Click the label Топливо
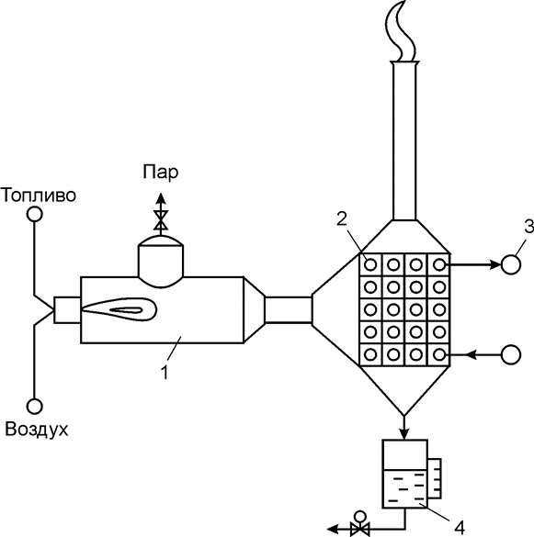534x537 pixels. pyautogui.click(x=39, y=196)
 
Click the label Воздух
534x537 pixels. pyautogui.click(x=37, y=430)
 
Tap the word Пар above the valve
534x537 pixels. pyautogui.click(x=161, y=173)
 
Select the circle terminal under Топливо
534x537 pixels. pyautogui.click(x=34, y=215)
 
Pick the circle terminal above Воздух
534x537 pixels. pyautogui.click(x=34, y=407)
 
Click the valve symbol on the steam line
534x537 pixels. pyautogui.click(x=161, y=220)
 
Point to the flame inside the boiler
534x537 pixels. pyautogui.click(x=119, y=309)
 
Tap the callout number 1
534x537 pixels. pyautogui.click(x=165, y=373)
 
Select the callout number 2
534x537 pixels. pyautogui.click(x=342, y=219)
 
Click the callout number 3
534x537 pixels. pyautogui.click(x=528, y=227)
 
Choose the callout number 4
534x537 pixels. pyautogui.click(x=459, y=528)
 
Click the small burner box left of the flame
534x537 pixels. pyautogui.click(x=67, y=310)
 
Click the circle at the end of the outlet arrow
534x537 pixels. pyautogui.click(x=511, y=264)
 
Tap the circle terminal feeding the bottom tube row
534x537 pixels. pyautogui.click(x=511, y=355)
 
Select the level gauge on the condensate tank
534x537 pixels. pyautogui.click(x=434, y=478)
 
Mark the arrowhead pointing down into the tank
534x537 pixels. pyautogui.click(x=404, y=433)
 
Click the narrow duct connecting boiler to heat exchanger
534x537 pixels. pyautogui.click(x=289, y=310)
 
